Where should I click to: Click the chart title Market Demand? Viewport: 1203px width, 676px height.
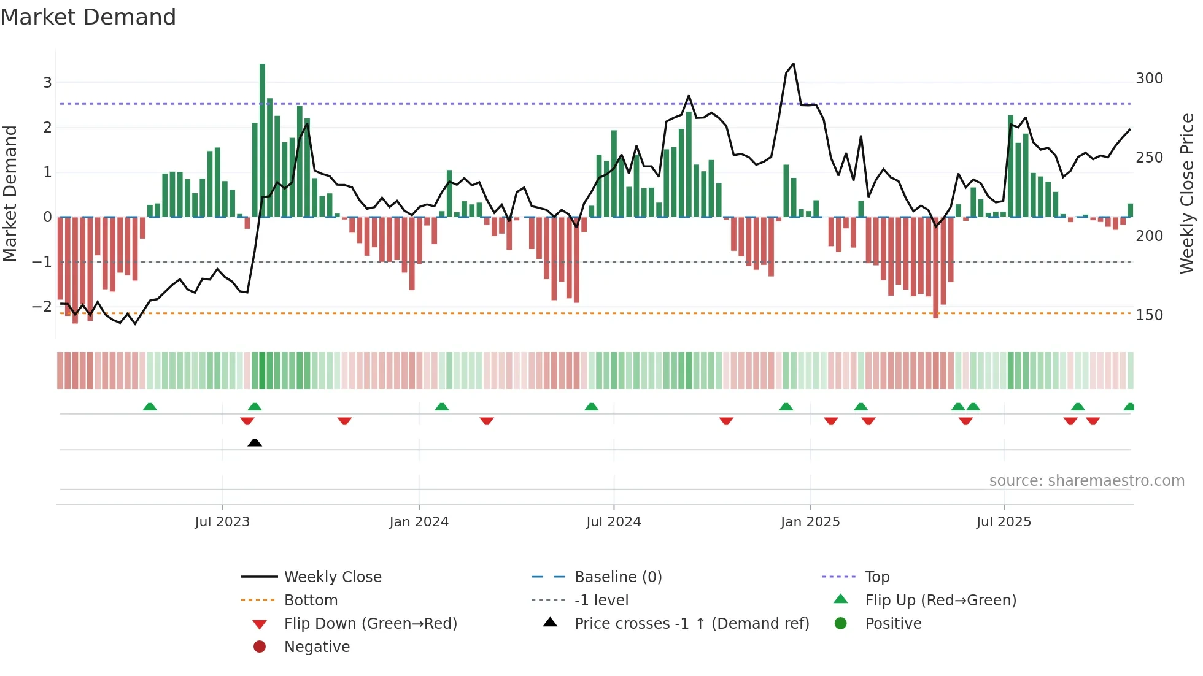point(88,17)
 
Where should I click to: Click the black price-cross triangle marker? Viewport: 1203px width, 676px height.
point(255,442)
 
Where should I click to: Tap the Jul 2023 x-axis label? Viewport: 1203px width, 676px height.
point(222,522)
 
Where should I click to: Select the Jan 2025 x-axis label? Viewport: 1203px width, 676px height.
point(810,522)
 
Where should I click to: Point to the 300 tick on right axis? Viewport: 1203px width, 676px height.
point(1149,79)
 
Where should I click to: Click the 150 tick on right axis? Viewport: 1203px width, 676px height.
point(1149,315)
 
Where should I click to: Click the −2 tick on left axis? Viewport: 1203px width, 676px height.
point(42,306)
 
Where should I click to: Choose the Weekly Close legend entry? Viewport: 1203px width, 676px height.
point(332,577)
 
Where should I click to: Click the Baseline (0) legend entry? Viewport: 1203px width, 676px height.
point(617,577)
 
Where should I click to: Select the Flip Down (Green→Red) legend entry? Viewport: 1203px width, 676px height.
point(370,624)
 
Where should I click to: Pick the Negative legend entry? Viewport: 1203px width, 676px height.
point(317,647)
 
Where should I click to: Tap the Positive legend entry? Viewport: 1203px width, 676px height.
point(893,624)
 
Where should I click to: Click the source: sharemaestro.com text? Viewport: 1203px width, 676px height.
point(1086,481)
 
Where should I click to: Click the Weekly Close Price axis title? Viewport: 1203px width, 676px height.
point(1187,193)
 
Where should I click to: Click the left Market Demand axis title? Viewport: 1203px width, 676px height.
point(10,193)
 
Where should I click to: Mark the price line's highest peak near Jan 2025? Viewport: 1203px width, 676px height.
point(794,64)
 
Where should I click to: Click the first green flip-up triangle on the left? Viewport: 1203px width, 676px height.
point(150,407)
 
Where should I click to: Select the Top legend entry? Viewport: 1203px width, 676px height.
point(876,577)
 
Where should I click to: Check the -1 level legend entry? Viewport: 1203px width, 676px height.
point(601,601)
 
